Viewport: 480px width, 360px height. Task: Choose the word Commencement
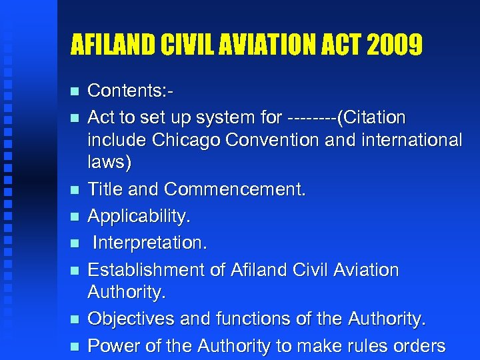pyautogui.click(x=235, y=189)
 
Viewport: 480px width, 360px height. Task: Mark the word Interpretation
pyautogui.click(x=150, y=243)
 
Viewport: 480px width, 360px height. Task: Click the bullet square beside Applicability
pyautogui.click(x=74, y=217)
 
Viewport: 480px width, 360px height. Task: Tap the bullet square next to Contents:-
pyautogui.click(x=74, y=91)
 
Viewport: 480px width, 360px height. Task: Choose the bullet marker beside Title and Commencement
pyautogui.click(x=74, y=190)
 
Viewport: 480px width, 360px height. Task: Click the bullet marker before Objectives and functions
pyautogui.click(x=74, y=320)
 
